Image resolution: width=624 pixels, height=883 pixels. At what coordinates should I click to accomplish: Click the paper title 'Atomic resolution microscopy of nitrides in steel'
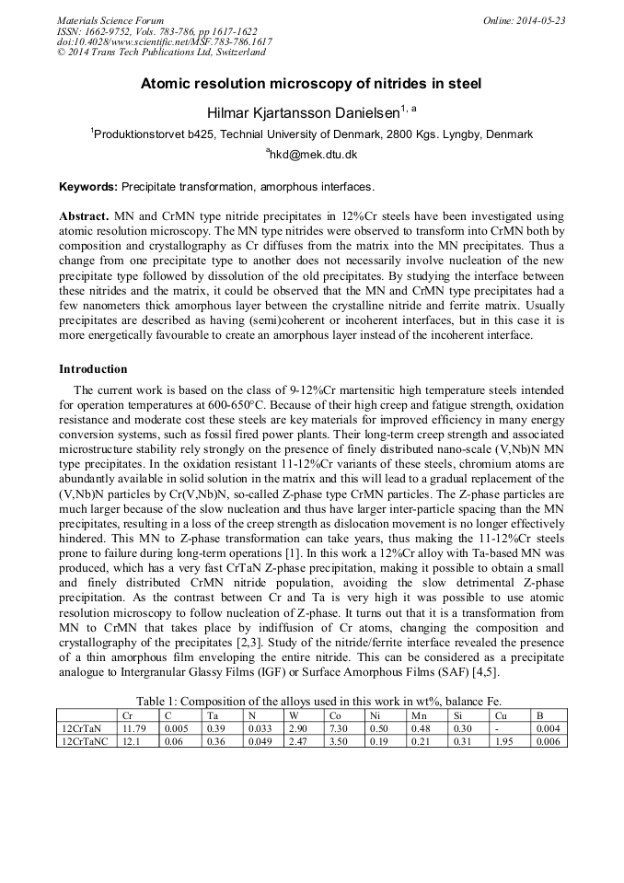(x=311, y=84)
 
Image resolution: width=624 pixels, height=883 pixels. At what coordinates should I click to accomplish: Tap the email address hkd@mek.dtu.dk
(x=312, y=155)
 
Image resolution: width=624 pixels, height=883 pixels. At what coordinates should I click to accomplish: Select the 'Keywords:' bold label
(x=88, y=187)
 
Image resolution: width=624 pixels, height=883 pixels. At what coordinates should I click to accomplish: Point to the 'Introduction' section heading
(x=93, y=369)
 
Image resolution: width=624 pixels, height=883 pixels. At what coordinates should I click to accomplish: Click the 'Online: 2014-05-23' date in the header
(x=524, y=20)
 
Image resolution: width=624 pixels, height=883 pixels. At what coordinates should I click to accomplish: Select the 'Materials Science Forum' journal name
(x=110, y=20)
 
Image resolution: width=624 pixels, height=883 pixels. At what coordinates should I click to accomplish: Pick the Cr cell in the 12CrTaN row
(x=133, y=727)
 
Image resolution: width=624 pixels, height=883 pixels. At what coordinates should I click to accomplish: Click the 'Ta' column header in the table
(x=213, y=715)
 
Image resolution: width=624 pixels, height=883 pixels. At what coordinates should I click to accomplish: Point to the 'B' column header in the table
(x=540, y=715)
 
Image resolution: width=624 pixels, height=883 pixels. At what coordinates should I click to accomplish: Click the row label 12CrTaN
(x=80, y=727)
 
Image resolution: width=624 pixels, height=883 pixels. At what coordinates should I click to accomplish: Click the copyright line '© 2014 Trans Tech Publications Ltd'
(x=161, y=52)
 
